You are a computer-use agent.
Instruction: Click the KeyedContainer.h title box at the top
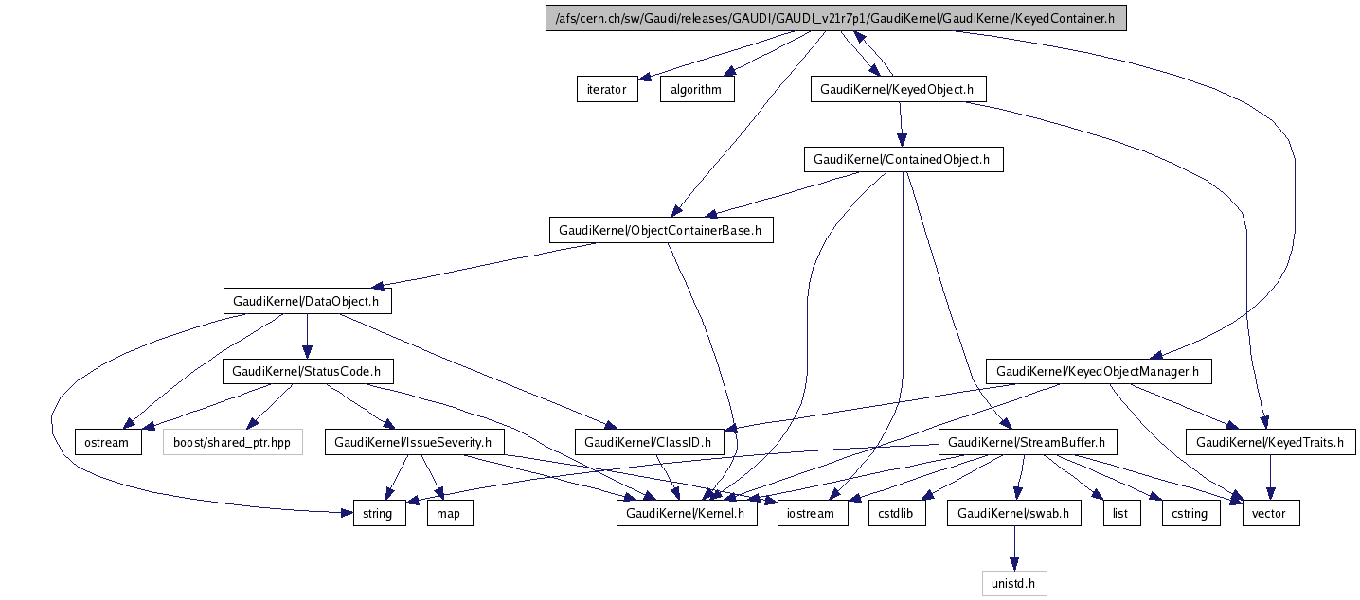pos(835,19)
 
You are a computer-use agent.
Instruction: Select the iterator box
pos(607,90)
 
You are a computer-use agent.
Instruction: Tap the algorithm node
pos(696,90)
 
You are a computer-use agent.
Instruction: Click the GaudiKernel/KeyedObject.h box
pos(899,89)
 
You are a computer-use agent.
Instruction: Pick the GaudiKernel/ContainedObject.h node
pos(903,159)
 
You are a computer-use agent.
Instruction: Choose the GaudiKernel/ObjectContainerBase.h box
pos(661,230)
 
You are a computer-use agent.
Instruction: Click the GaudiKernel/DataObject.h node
pos(307,302)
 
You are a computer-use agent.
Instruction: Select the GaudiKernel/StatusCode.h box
pos(307,372)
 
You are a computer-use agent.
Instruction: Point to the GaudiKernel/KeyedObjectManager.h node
pos(1098,372)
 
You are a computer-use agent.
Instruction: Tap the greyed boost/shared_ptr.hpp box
pos(233,442)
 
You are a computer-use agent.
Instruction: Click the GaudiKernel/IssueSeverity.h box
pos(414,442)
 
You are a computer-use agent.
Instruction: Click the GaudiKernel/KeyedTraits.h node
pos(1269,442)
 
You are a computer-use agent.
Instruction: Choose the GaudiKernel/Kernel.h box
pos(687,514)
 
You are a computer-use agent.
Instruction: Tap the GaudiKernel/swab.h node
pos(1013,514)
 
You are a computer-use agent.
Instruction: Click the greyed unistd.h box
pos(1013,584)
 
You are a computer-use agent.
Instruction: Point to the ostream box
pos(109,442)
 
